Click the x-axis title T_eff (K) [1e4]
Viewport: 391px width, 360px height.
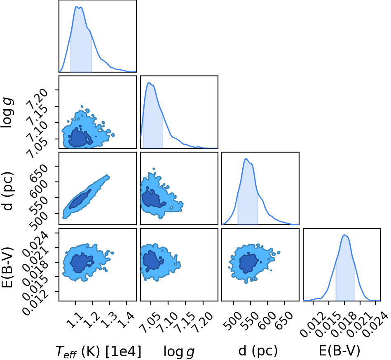point(98,351)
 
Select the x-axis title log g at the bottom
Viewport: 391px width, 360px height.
point(179,352)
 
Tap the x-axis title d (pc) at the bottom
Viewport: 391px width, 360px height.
point(258,351)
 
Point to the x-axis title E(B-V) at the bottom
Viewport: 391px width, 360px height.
point(339,351)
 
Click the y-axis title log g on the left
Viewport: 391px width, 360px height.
point(7,113)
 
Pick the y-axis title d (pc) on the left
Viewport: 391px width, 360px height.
point(7,191)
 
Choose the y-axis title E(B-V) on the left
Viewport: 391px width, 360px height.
point(7,267)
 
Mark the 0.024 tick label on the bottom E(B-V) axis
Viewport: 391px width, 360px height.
point(375,325)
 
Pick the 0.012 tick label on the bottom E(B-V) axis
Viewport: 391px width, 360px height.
point(312,325)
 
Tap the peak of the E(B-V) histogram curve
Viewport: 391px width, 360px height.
point(344,235)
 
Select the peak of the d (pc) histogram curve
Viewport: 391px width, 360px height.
point(246,159)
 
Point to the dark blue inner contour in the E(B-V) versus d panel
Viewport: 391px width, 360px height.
point(248,263)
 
